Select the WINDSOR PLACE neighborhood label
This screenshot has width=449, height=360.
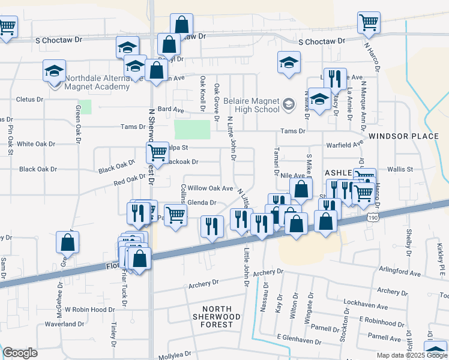[x=403, y=136]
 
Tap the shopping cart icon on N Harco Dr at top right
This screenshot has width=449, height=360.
[x=369, y=23]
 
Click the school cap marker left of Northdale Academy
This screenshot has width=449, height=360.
[x=54, y=71]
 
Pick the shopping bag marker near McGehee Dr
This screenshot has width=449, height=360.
[x=68, y=242]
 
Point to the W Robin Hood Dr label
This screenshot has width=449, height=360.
[x=89, y=310]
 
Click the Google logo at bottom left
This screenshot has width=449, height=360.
[x=20, y=353]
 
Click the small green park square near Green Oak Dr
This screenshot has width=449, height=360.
[x=85, y=107]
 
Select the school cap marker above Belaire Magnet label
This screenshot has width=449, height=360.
[x=289, y=62]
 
